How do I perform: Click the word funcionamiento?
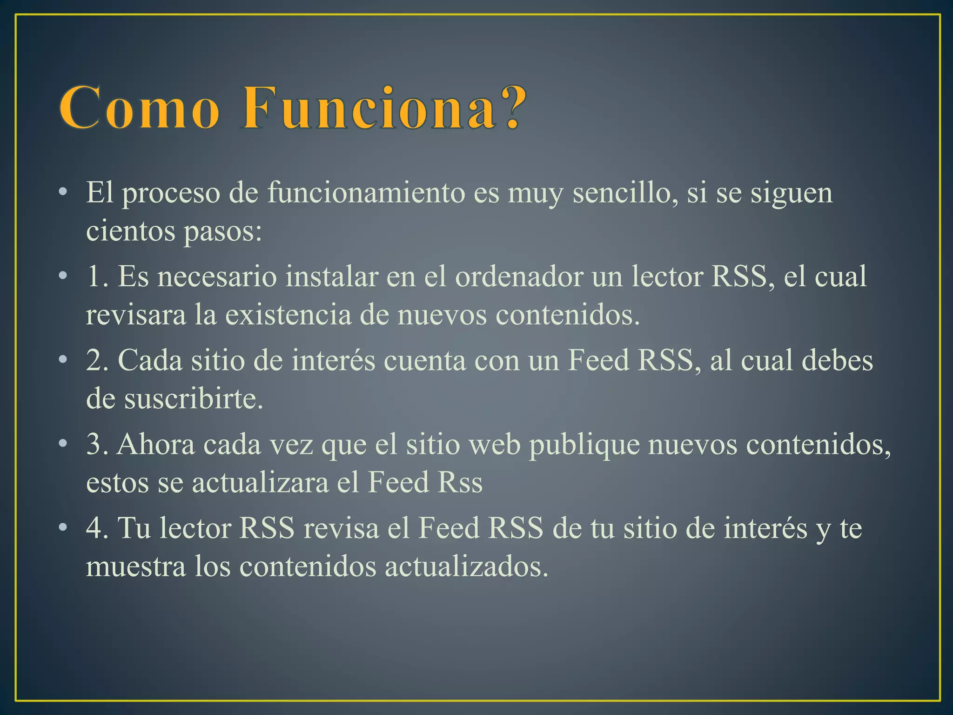tap(366, 193)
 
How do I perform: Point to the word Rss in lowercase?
tap(460, 483)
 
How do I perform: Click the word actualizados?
tap(466, 567)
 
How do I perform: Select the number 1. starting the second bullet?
tap(98, 277)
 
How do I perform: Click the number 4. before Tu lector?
tap(98, 529)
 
